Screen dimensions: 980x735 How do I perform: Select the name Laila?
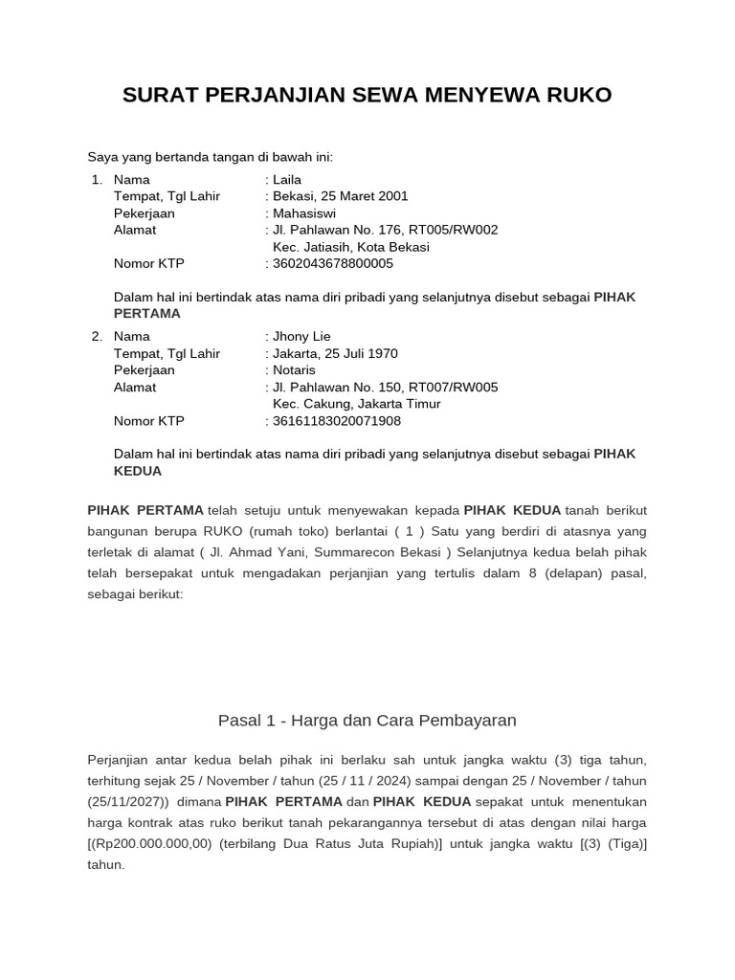(x=287, y=179)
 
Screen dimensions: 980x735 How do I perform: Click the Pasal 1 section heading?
(x=367, y=720)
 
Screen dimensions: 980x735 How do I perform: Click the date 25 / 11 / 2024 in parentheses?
(x=370, y=781)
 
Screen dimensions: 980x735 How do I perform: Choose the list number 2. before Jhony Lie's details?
(x=97, y=337)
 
